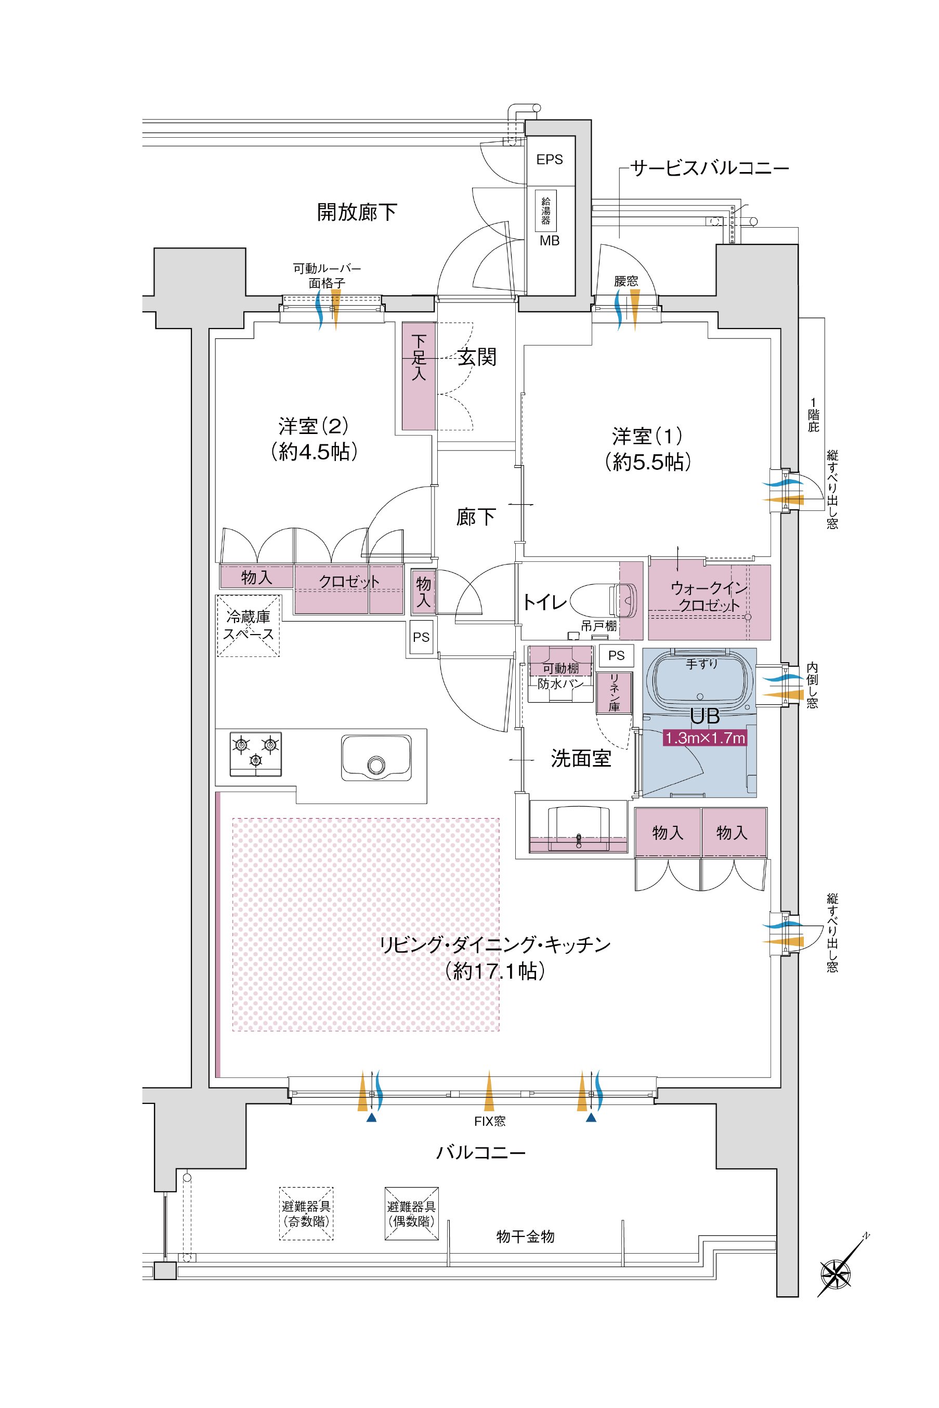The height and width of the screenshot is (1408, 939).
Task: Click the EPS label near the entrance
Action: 549,159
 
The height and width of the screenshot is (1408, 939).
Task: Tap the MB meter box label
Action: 549,241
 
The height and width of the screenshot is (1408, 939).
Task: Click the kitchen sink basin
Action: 376,758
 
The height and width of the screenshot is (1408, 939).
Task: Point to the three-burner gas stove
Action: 256,753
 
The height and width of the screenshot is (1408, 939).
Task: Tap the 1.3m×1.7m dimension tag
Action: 705,738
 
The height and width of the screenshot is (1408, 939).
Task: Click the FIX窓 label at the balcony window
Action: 489,1121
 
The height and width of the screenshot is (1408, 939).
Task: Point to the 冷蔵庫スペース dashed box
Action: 248,626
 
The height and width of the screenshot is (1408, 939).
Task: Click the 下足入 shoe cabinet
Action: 419,376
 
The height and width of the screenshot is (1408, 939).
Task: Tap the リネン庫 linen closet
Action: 614,693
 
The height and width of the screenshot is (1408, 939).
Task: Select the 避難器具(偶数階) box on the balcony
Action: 411,1214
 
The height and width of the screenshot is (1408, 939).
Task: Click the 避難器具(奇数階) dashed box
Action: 306,1214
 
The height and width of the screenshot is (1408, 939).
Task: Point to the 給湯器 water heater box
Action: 545,210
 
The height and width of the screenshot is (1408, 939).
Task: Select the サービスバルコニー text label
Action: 710,168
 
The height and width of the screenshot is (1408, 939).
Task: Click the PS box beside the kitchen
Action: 421,637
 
